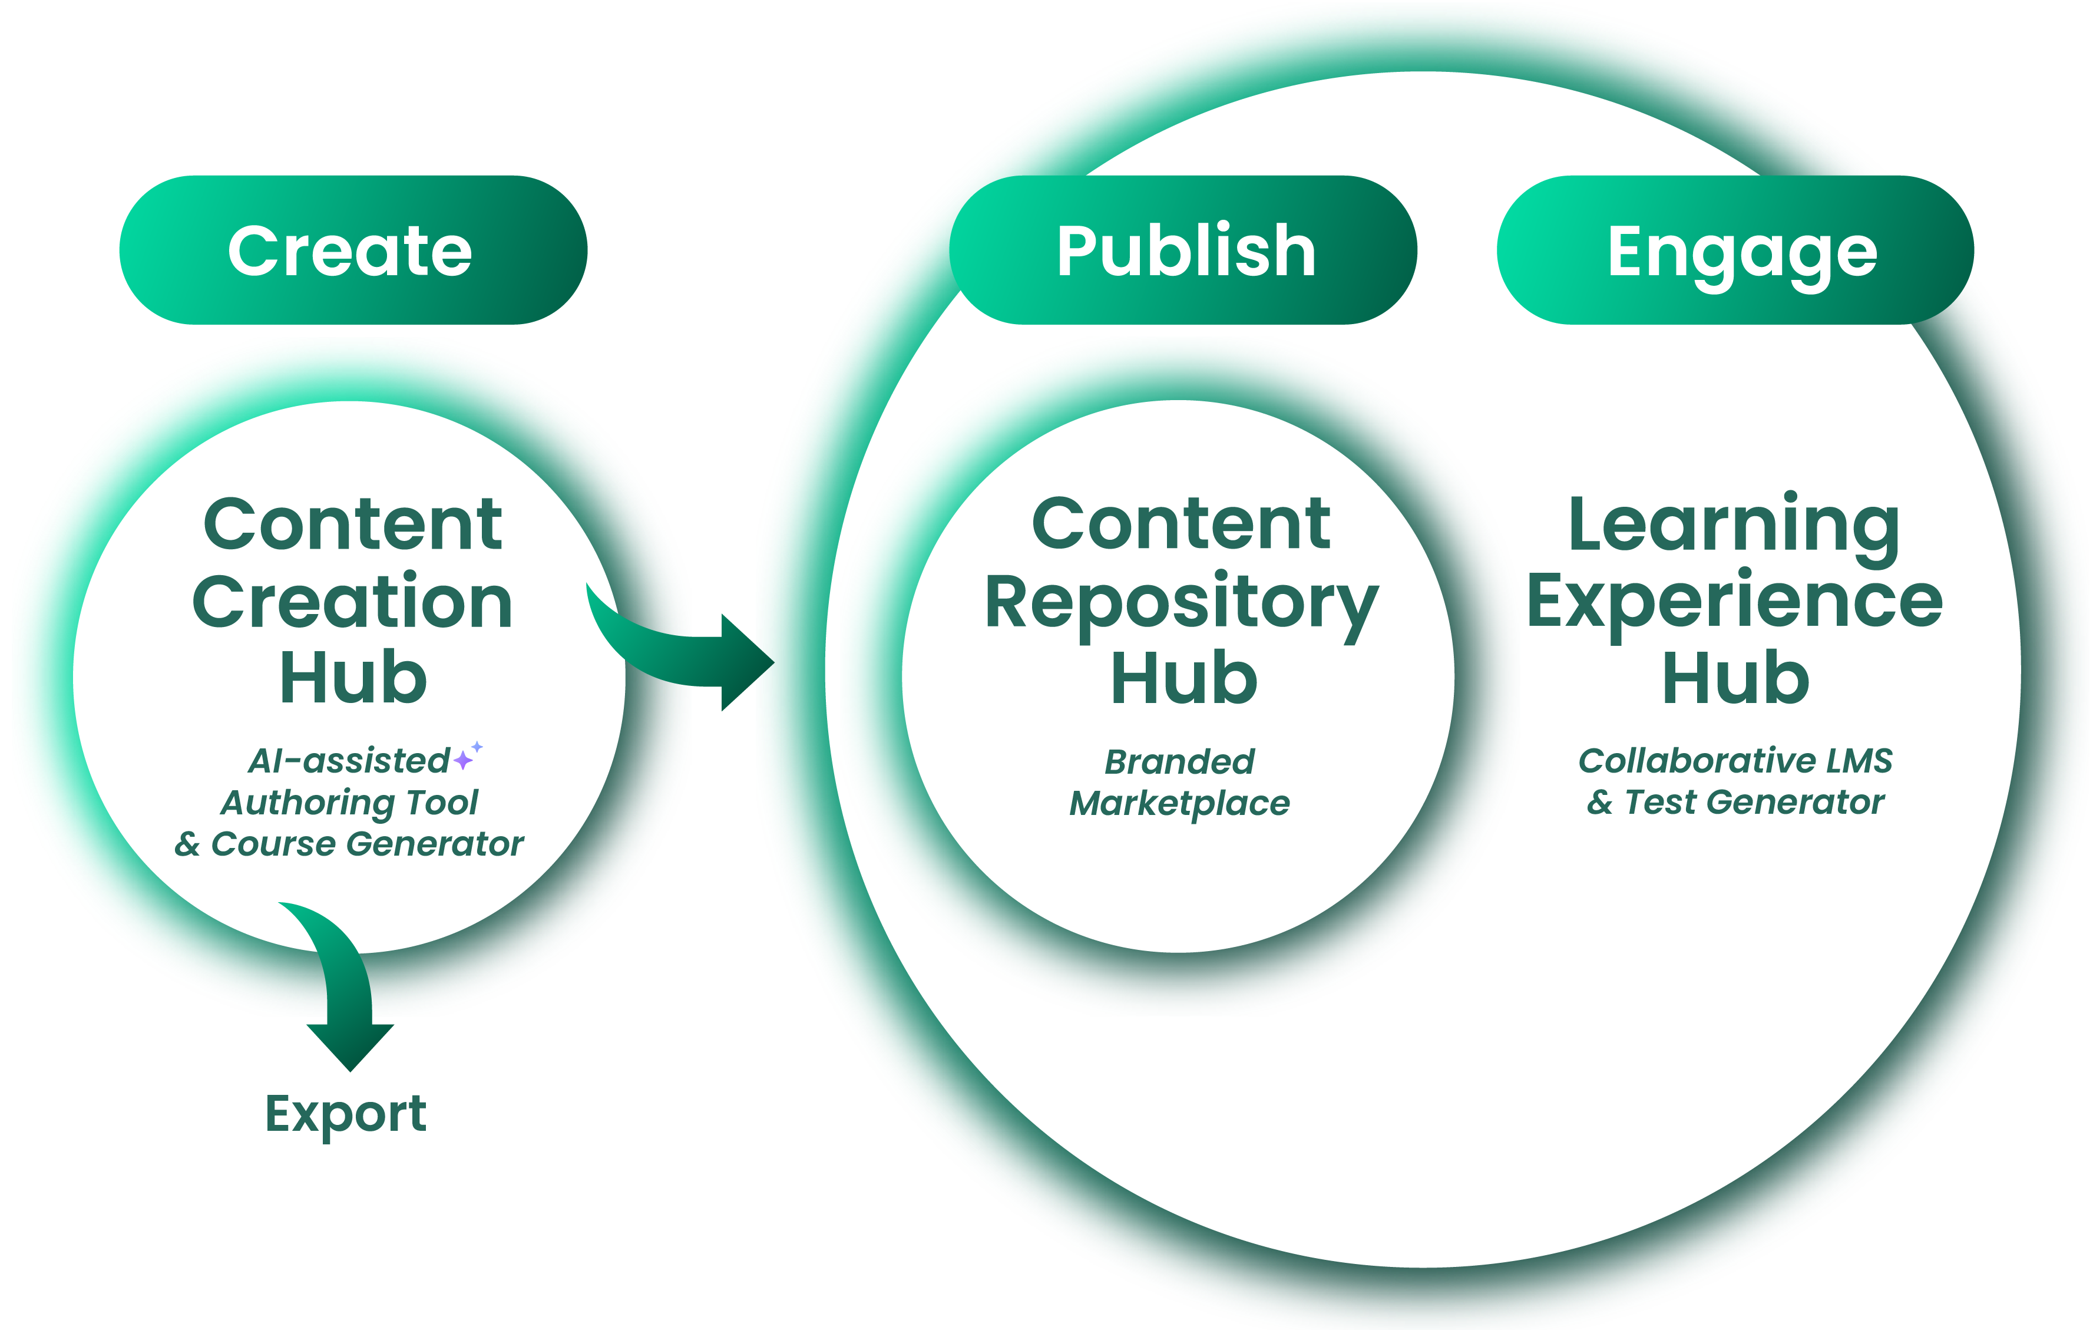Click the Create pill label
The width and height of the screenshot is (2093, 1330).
351,250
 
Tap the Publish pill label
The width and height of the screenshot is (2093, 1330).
1186,250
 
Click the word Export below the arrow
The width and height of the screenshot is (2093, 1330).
346,1114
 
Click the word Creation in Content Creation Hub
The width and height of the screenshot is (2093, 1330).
352,602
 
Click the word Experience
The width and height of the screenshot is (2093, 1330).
1734,602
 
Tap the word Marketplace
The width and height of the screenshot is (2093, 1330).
1179,803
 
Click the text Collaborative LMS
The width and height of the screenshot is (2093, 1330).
1735,761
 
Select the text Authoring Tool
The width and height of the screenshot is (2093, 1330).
349,803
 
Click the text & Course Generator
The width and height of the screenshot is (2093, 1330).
349,844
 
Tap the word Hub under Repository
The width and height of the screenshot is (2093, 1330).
1184,678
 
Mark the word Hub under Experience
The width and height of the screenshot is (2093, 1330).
1735,678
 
